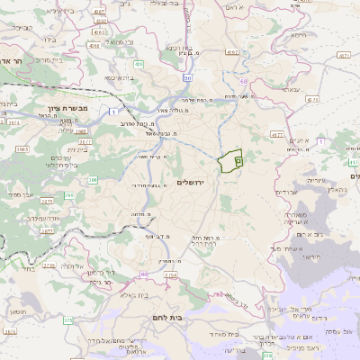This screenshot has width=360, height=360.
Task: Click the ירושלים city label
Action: click(x=193, y=183)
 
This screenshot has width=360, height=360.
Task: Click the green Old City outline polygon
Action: click(x=231, y=161)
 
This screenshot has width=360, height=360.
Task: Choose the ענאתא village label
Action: click(x=290, y=90)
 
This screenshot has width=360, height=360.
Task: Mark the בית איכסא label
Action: click(x=121, y=77)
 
